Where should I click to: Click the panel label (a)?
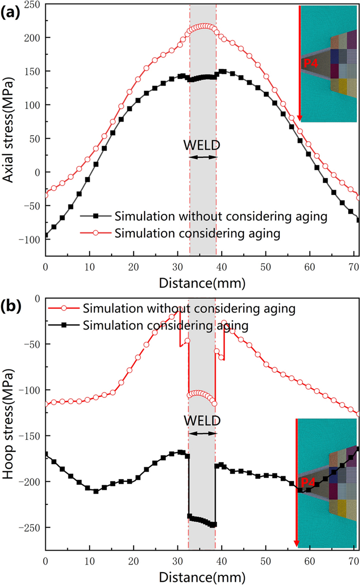[x=10, y=11]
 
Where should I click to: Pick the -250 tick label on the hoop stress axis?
[x=30, y=527]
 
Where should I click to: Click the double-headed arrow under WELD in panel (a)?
[x=203, y=157]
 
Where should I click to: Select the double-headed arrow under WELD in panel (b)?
[x=203, y=433]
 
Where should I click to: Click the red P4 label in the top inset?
[x=311, y=64]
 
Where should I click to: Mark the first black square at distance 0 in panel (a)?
[x=46, y=235]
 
